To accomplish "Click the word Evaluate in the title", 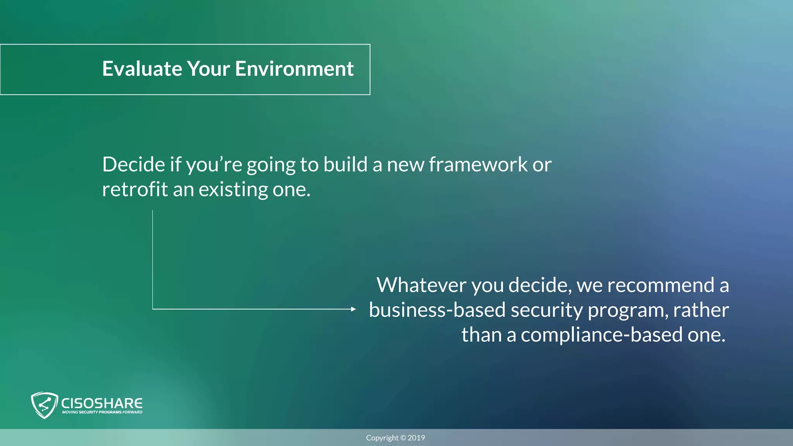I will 142,69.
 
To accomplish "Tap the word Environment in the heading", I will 294,69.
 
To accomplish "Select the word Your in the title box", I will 208,69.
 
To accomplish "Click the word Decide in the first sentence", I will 134,165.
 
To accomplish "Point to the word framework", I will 478,165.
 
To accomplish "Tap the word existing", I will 233,190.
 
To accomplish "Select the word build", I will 345,165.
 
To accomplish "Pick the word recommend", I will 660,285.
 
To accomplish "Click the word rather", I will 701,310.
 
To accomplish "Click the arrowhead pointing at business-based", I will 353,309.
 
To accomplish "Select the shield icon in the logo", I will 44,405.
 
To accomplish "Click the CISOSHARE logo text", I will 102,403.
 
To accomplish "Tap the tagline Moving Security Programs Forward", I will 102,412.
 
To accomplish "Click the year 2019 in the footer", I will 416,438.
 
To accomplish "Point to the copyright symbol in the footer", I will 403,438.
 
